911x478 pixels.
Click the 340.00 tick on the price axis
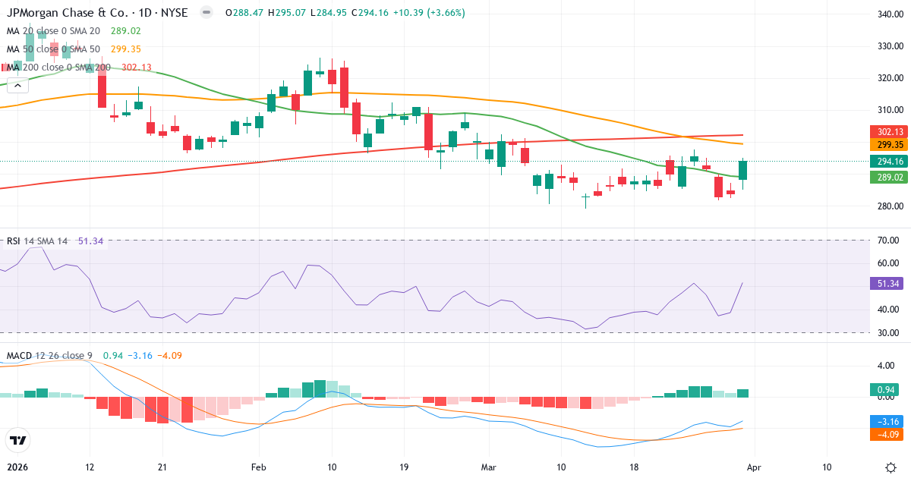coord(889,14)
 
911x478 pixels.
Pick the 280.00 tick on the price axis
coord(889,206)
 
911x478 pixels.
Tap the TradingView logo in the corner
coord(17,440)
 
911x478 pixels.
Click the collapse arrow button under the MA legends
coord(17,86)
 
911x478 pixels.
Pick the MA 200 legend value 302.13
coord(137,68)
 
